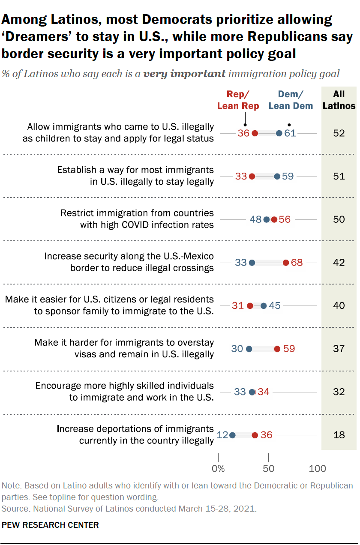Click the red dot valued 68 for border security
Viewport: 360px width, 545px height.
pos(286,263)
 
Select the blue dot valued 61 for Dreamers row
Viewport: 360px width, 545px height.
pos(279,133)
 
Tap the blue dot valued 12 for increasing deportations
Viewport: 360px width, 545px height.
pos(232,435)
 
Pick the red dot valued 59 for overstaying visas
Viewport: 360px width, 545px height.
pos(277,349)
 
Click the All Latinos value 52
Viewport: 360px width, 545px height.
pos(339,133)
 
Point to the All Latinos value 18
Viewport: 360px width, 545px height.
pos(339,435)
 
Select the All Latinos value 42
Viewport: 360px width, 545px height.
pos(339,263)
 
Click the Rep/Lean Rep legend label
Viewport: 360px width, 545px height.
pos(238,100)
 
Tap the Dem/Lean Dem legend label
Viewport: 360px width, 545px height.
pos(291,100)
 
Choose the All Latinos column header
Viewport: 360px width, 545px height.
pos(339,100)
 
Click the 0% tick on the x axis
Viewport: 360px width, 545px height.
pos(218,468)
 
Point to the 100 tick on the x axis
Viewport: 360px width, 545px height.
pos(317,468)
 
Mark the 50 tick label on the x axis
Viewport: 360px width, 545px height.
pos(268,468)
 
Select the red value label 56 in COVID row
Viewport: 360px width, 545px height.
pos(285,220)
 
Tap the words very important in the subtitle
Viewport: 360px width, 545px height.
pos(184,74)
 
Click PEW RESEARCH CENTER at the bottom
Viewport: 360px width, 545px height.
pos(51,525)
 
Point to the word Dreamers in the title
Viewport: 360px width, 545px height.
pos(36,37)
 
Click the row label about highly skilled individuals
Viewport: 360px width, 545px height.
pos(124,392)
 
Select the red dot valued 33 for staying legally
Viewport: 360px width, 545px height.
pos(252,177)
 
